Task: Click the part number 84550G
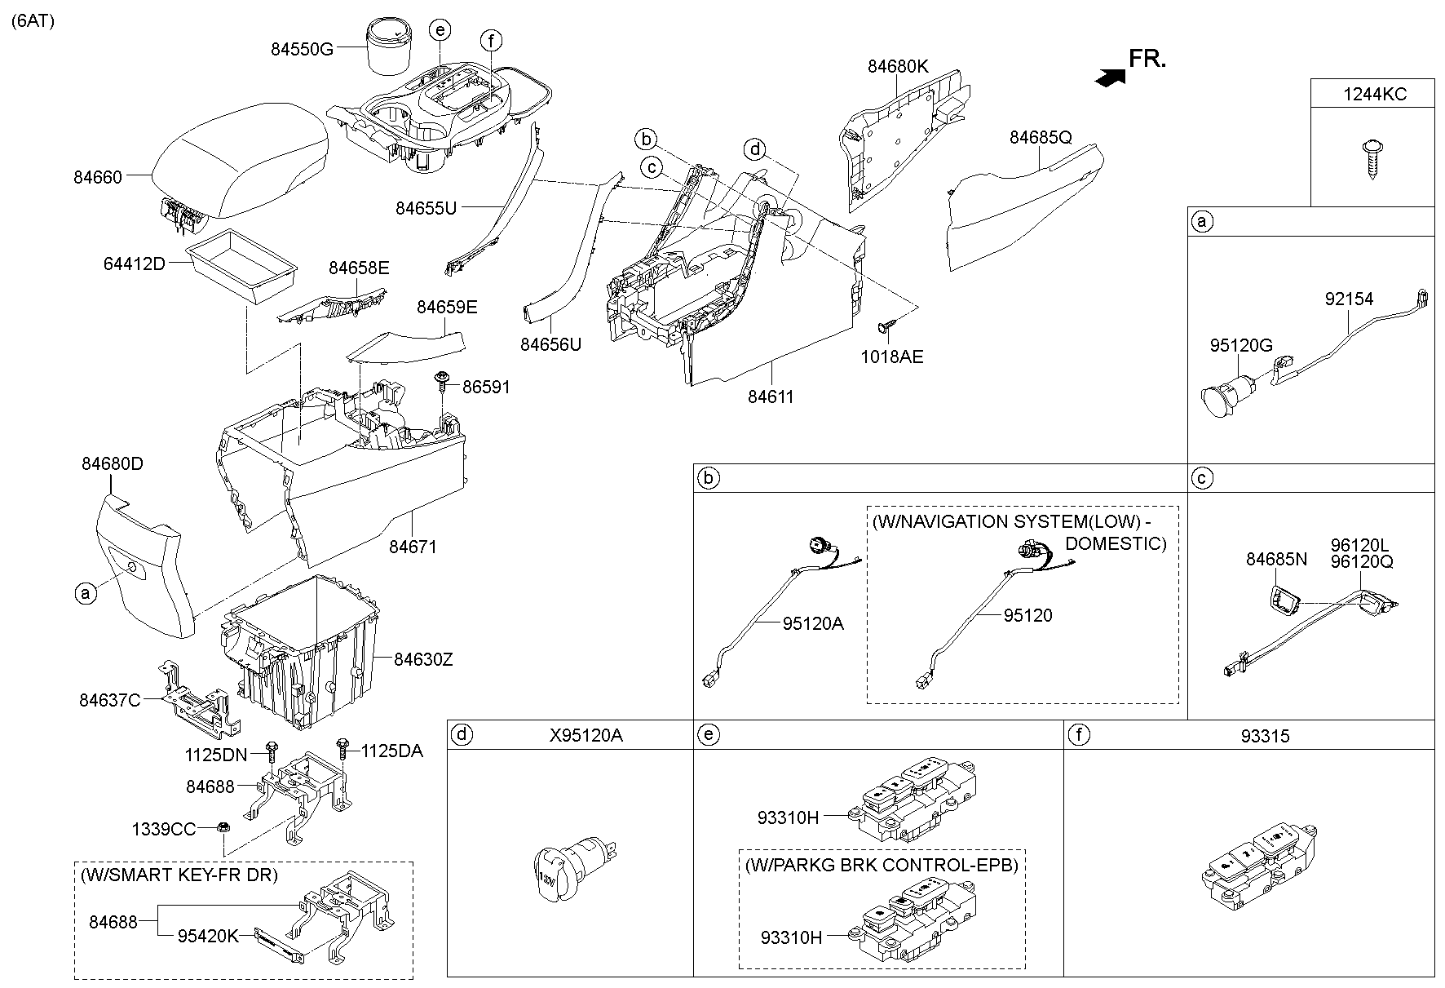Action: point(302,49)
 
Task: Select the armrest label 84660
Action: point(98,177)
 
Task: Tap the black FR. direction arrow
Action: point(1111,77)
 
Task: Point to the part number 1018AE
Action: point(892,357)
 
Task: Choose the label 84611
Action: point(771,397)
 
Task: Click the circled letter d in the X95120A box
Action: point(462,735)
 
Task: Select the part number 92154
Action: point(1349,299)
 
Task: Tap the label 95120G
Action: point(1240,346)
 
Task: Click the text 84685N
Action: point(1276,559)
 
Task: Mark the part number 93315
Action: point(1265,736)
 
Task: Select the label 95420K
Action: point(208,937)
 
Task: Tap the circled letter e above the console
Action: point(440,31)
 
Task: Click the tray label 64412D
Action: point(135,264)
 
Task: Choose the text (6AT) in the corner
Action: point(33,22)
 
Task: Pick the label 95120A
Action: point(813,624)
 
